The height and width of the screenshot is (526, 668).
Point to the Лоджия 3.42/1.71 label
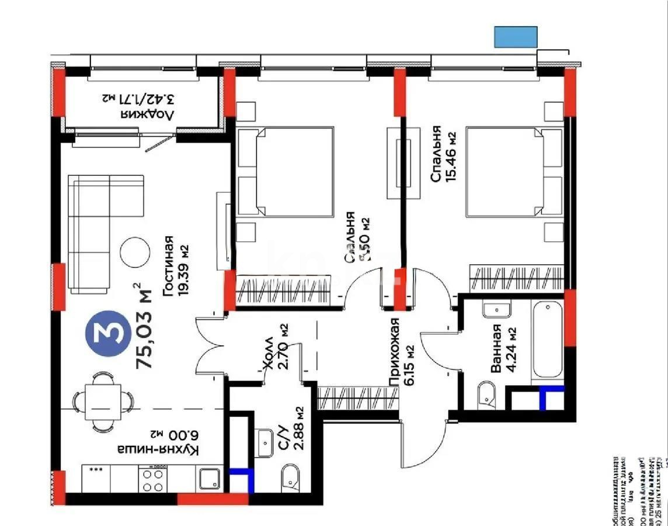[x=139, y=105]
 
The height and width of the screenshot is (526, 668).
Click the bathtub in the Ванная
[x=548, y=340]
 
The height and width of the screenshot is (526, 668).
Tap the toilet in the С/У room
[x=290, y=476]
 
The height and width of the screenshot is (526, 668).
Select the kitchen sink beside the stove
[x=209, y=479]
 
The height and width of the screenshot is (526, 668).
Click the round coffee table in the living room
[x=134, y=252]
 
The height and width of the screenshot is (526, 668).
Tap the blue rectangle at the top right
[x=516, y=37]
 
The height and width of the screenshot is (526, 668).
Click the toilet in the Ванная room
[x=486, y=396]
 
